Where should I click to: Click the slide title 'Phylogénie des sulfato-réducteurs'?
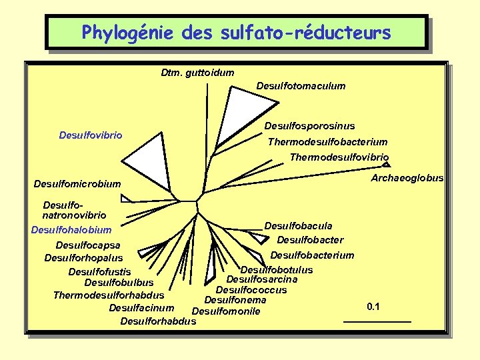pos(236,32)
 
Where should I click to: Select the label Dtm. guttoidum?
pos(197,72)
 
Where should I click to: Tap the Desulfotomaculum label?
pos(301,85)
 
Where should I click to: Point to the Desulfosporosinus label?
pos(309,125)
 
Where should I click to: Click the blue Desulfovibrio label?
pos(91,135)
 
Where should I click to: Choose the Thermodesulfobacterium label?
pos(327,142)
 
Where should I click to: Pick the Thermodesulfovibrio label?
pos(339,157)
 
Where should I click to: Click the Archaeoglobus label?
pos(407,178)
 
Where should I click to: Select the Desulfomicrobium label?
pos(77,184)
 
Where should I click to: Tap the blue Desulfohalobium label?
pos(71,230)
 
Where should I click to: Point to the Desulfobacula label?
pos(298,226)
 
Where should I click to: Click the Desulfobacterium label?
pos(312,255)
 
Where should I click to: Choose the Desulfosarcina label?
pos(261,279)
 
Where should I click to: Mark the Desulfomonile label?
pos(225,311)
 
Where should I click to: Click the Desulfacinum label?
pos(141,307)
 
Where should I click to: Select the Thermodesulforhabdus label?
pos(109,295)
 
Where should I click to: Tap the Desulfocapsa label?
pos(88,245)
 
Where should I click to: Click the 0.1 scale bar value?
pos(373,307)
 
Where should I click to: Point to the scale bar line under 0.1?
pos(377,322)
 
